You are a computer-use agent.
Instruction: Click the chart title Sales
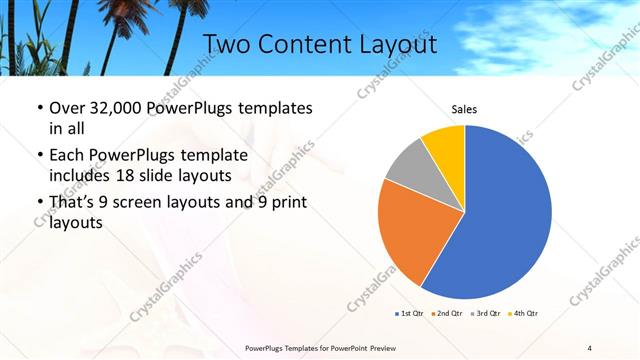(x=464, y=108)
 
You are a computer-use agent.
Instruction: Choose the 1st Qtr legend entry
(x=410, y=314)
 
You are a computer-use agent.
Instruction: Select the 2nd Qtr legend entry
(x=447, y=314)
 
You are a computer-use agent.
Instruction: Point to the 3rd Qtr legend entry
(x=485, y=314)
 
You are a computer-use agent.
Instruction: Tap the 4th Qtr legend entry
(x=523, y=314)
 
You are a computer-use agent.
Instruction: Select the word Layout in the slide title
(x=400, y=44)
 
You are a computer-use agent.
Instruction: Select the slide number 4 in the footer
(x=589, y=347)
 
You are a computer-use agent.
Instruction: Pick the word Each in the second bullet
(x=67, y=156)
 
